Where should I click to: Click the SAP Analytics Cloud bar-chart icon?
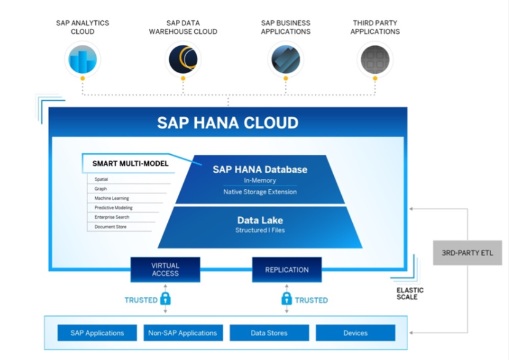(x=82, y=60)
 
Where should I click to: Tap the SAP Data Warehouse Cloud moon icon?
(x=183, y=60)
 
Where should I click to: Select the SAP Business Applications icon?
(x=286, y=60)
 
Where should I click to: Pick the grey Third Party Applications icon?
(x=375, y=60)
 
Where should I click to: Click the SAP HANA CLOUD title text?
(x=227, y=123)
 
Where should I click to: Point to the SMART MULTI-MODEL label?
(x=130, y=163)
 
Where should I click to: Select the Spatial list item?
(x=101, y=179)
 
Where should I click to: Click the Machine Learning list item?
(x=112, y=198)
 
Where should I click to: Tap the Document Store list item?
(x=111, y=227)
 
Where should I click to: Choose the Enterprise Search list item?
(x=112, y=217)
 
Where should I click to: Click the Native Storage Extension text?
(x=260, y=192)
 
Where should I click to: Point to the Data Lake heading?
(x=260, y=220)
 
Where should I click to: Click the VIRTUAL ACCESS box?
(x=165, y=270)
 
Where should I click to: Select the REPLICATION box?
(x=287, y=270)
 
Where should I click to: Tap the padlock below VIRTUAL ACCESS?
(x=165, y=299)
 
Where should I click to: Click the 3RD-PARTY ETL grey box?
(x=467, y=253)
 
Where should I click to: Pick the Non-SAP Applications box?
(x=183, y=333)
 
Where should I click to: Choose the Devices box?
(x=355, y=333)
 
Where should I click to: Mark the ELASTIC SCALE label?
(x=410, y=294)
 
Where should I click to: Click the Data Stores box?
(x=269, y=333)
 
